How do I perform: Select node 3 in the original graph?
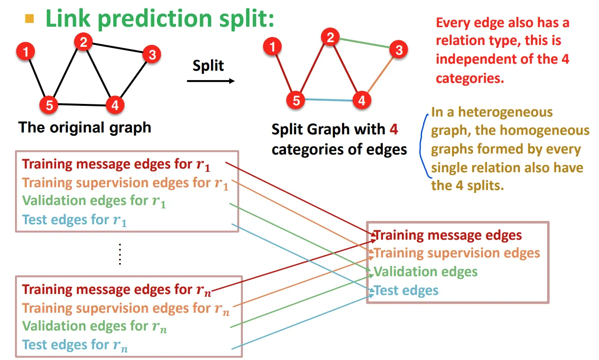(x=151, y=55)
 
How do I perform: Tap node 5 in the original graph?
(x=49, y=105)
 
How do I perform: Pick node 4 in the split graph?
(x=361, y=100)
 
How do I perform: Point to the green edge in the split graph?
(x=365, y=43)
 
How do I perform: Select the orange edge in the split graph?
(x=380, y=74)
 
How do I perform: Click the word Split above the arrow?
(x=208, y=65)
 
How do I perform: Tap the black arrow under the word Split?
(x=211, y=81)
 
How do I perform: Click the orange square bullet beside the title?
(x=29, y=19)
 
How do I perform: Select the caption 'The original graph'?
(x=85, y=127)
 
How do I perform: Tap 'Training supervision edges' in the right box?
(x=457, y=253)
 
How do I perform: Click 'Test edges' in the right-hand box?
(x=406, y=291)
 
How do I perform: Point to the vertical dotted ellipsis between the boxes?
(x=120, y=254)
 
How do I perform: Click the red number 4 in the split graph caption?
(x=394, y=129)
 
